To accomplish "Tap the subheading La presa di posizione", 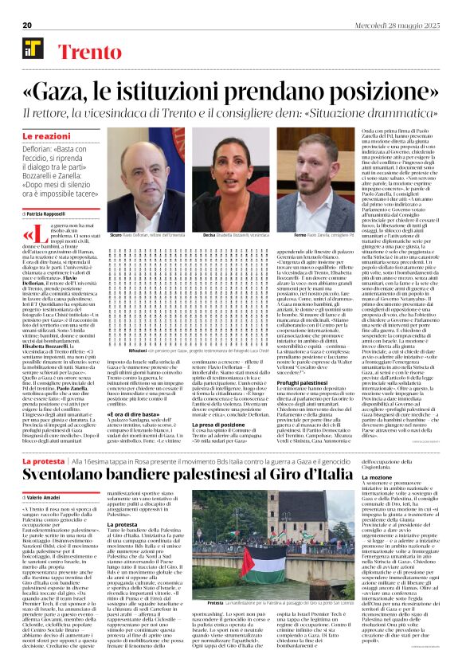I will pyautogui.click(x=209, y=403).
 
